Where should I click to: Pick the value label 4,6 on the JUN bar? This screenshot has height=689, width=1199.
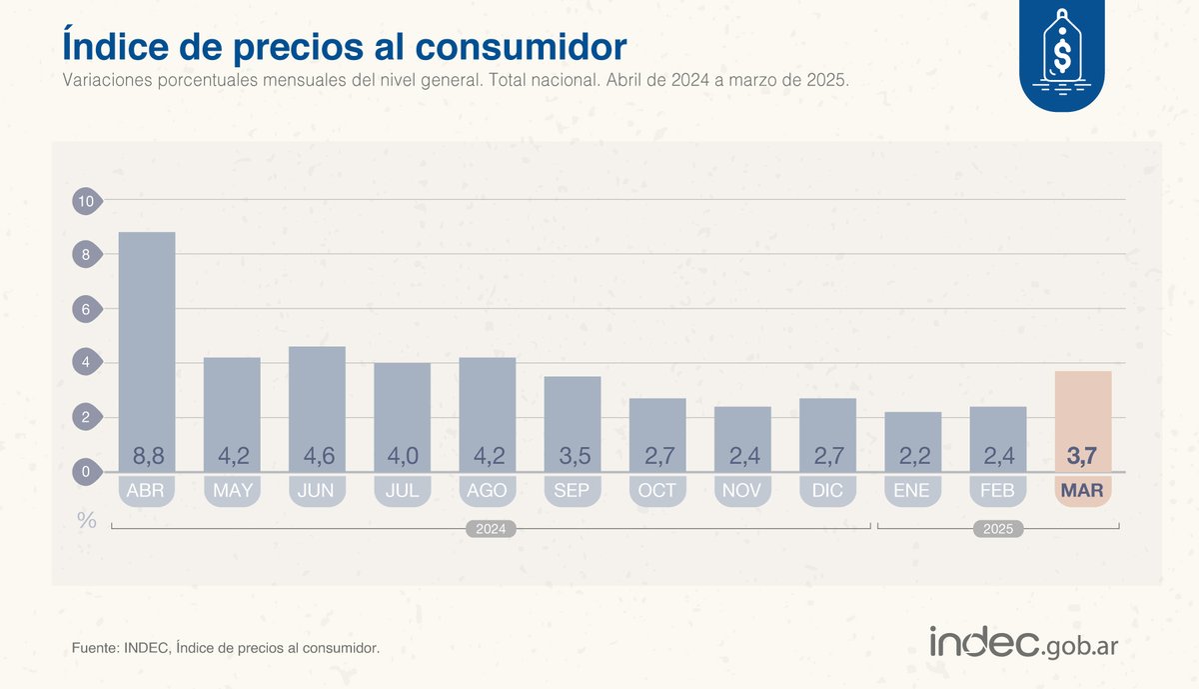click(x=317, y=457)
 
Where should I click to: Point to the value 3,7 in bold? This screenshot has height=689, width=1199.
click(x=1082, y=457)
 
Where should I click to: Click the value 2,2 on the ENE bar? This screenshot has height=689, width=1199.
click(x=912, y=457)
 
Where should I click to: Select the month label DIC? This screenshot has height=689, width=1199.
click(x=827, y=491)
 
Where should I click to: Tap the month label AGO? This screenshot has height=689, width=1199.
click(x=487, y=491)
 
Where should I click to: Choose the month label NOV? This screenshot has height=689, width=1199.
click(x=742, y=491)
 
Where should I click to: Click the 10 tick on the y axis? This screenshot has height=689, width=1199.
click(x=86, y=201)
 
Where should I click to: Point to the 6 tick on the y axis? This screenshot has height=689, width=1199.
click(x=86, y=309)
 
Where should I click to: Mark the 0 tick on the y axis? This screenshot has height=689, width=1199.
click(x=86, y=471)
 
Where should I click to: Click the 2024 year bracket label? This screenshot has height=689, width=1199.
click(x=490, y=530)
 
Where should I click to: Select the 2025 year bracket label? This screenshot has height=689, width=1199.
click(x=997, y=530)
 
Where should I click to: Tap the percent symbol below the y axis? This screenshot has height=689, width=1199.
click(x=87, y=520)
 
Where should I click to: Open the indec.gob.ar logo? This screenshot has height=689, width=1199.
click(x=1023, y=643)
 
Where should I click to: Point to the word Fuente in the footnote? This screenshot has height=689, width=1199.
click(x=94, y=649)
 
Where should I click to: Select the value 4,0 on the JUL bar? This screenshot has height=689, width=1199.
click(x=402, y=457)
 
